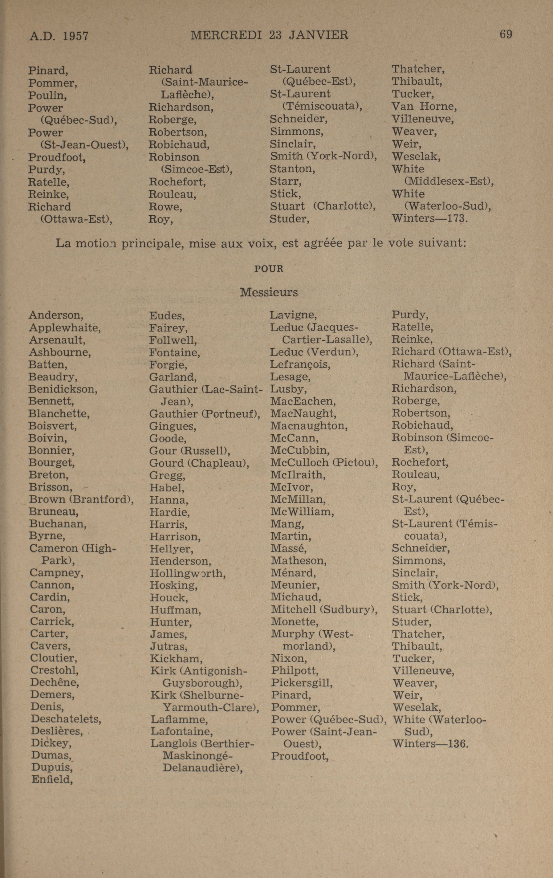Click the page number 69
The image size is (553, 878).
(x=506, y=34)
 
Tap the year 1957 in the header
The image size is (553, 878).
(x=75, y=36)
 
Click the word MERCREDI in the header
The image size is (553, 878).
(x=226, y=35)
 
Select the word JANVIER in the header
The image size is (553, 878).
(x=318, y=35)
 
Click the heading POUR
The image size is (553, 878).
(x=269, y=269)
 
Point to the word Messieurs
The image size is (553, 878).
(x=269, y=292)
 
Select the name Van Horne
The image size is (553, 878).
(x=424, y=107)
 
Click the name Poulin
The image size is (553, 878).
(x=47, y=96)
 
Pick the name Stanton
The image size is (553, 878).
(x=292, y=169)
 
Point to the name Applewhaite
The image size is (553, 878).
(x=64, y=328)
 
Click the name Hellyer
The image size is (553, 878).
(x=171, y=549)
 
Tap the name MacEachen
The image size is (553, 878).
(x=303, y=401)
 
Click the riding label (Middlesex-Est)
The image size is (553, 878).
(x=448, y=181)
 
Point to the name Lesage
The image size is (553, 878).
(x=290, y=377)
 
